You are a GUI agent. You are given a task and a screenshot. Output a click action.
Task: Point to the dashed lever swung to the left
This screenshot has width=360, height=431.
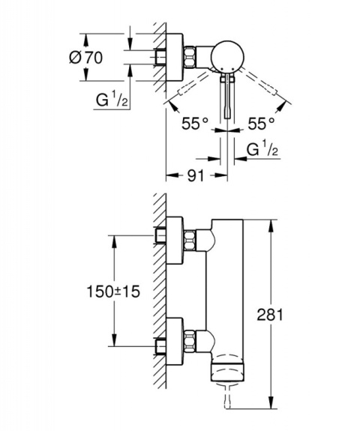pos(186,93)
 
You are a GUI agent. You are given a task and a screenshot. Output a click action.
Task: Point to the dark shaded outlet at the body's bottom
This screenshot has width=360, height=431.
pos(227,367)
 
